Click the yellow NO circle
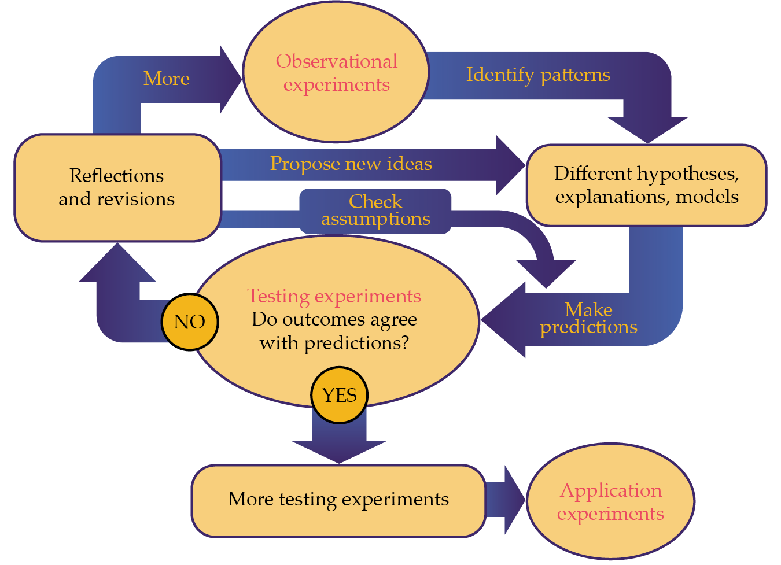190,322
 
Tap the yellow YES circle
339,396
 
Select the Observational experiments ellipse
336,73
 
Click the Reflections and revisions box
117,187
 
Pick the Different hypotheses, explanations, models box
646,185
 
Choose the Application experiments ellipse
610,501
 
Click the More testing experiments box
338,500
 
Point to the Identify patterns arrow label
538,75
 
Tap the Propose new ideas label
351,164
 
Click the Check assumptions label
375,211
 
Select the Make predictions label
588,319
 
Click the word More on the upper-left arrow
167,79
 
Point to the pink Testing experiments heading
334,296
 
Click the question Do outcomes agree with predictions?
334,331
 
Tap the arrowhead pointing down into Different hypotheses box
647,128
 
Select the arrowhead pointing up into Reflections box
117,264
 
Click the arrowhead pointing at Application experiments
514,500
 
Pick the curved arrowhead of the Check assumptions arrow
546,272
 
